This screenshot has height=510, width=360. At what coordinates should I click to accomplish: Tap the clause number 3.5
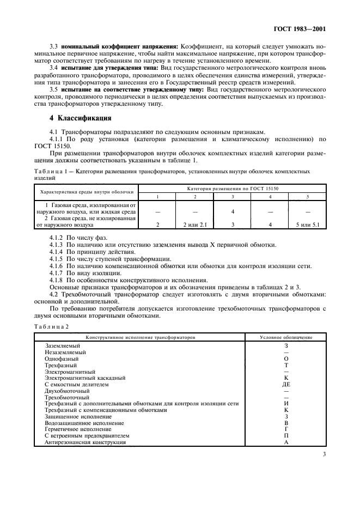coord(54,88)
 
